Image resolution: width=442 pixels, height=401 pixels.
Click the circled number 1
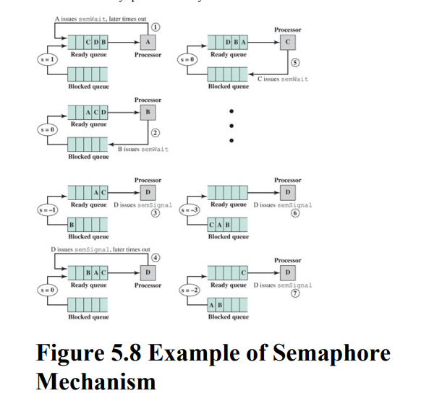[x=155, y=27]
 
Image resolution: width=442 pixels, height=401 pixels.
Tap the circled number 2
[x=155, y=132]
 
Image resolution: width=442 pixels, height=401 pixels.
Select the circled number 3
[x=155, y=214]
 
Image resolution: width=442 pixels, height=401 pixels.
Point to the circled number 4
[x=155, y=258]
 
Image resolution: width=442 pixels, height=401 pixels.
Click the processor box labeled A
[x=148, y=43]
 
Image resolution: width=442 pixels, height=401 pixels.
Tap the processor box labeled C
[x=288, y=43]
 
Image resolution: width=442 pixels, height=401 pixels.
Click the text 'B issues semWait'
[x=143, y=149]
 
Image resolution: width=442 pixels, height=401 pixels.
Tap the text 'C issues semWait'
[x=282, y=79]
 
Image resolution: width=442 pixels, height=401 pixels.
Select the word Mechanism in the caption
[x=96, y=381]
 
